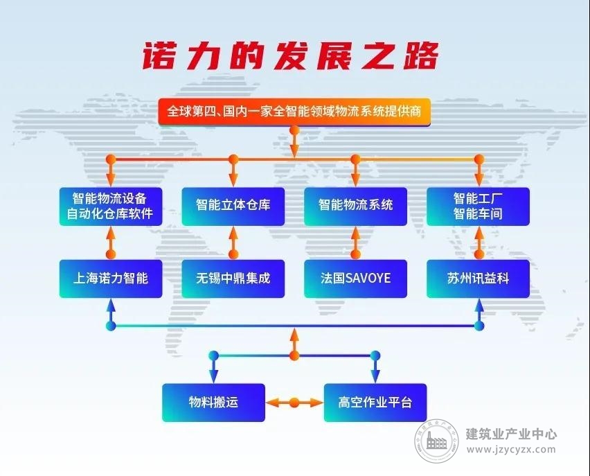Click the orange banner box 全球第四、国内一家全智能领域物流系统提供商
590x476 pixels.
[x=294, y=112]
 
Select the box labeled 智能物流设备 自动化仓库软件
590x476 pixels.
[x=111, y=206]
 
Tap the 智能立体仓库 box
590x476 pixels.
[x=233, y=206]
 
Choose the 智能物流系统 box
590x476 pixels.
[x=355, y=206]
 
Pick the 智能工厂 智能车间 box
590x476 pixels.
[x=479, y=206]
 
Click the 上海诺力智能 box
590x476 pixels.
[x=111, y=279]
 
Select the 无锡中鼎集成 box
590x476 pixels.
[x=233, y=279]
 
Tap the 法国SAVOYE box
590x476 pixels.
[x=355, y=279]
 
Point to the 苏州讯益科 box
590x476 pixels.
[x=479, y=279]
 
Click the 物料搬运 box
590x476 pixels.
[x=214, y=403]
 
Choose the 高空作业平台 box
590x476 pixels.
[x=375, y=403]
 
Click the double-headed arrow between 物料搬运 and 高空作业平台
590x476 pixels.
[x=294, y=403]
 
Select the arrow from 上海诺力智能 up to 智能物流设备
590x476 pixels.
[x=111, y=243]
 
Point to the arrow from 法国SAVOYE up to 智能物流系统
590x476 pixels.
[x=355, y=243]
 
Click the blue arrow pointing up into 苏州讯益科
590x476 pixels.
[x=479, y=315]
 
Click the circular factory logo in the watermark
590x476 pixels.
[x=437, y=441]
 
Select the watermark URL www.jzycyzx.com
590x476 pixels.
[x=511, y=449]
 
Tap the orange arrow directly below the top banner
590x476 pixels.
[x=294, y=142]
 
